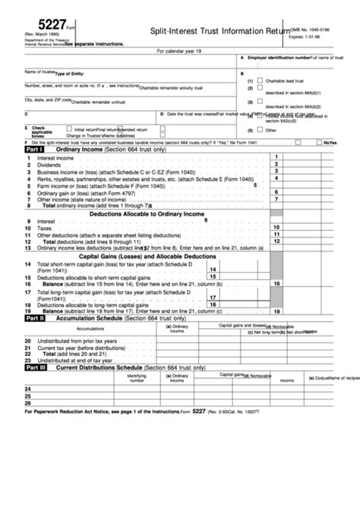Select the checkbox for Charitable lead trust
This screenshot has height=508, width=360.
pyautogui.click(x=261, y=80)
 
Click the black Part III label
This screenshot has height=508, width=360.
pyautogui.click(x=36, y=367)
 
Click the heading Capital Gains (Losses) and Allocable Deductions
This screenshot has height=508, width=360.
pyautogui.click(x=147, y=257)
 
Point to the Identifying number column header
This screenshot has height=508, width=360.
pyautogui.click(x=137, y=377)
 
